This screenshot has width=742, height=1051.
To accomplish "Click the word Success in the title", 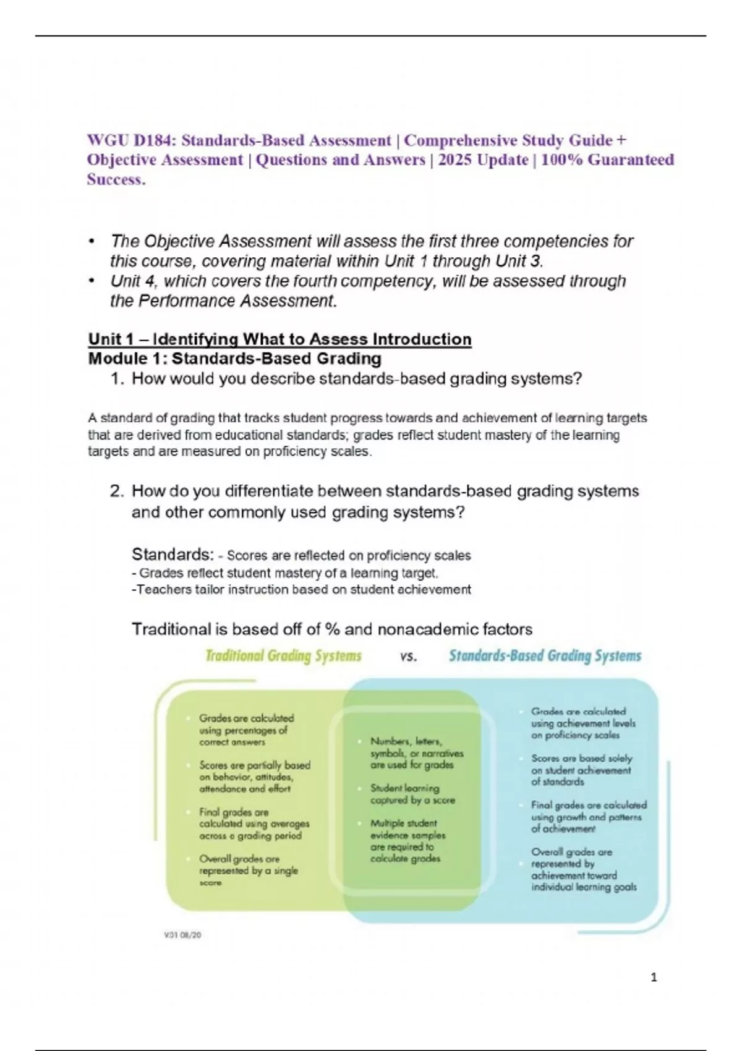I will tap(116, 180).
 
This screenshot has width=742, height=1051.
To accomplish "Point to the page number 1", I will tap(654, 977).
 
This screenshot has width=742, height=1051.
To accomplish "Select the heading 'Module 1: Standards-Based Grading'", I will tap(234, 359).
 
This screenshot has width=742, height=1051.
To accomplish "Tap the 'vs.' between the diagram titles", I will tap(408, 657).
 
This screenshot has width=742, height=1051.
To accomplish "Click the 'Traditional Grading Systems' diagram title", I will tap(283, 656).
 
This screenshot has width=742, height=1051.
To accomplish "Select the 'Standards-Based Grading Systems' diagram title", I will tap(545, 656).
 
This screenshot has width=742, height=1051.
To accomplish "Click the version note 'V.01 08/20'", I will tap(182, 935).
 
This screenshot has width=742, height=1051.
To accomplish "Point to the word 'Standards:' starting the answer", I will tap(173, 555).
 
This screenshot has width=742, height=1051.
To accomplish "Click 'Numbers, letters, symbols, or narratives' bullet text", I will tap(416, 753).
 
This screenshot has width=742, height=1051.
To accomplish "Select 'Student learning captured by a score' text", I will tap(412, 794).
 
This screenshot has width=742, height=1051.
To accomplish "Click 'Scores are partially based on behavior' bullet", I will tap(254, 777).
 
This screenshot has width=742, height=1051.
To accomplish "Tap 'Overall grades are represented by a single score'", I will tap(247, 870).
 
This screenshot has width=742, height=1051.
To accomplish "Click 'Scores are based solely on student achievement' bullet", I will tap(581, 770).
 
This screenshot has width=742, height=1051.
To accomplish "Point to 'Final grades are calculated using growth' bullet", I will tap(588, 817).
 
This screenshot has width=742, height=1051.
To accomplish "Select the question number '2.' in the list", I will tap(117, 491).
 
